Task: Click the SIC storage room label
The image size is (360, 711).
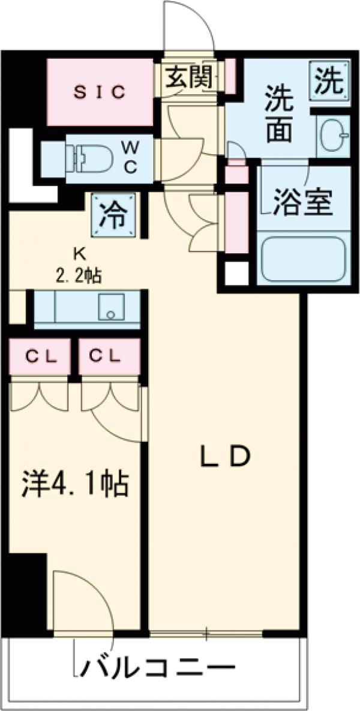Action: pos(100,92)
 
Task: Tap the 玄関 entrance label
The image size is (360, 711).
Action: pos(190,77)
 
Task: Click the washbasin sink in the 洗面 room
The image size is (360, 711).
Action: pos(331,136)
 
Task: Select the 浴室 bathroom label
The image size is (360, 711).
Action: pos(303,203)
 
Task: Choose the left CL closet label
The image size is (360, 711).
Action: pos(40,356)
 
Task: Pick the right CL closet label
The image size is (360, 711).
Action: pos(105,356)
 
